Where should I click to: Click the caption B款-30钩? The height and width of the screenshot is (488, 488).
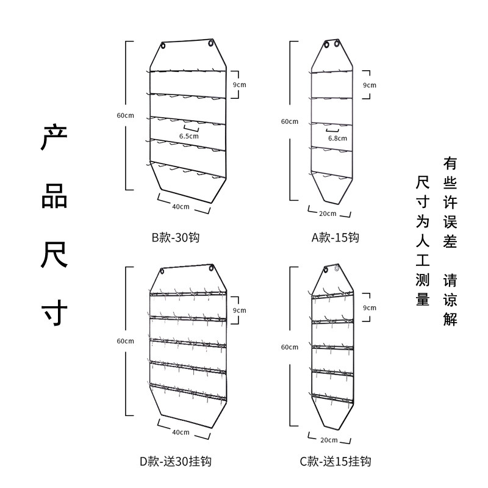coord(176,237)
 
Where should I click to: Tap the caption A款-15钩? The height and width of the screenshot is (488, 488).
coord(335,237)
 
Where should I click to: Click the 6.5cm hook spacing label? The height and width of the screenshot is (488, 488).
coord(188,136)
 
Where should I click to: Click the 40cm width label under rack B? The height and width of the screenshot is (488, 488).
coord(181,206)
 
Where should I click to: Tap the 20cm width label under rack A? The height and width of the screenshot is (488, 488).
coord(328,213)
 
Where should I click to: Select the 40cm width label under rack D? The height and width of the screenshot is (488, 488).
coord(181,432)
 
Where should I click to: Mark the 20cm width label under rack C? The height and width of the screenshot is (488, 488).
coord(328,439)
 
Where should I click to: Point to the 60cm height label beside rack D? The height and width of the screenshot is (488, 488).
coord(125,340)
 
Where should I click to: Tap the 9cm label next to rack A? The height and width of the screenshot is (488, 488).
coord(370,85)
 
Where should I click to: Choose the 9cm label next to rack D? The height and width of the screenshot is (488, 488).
coord(240,310)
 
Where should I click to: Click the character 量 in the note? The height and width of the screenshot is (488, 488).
coord(423,299)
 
